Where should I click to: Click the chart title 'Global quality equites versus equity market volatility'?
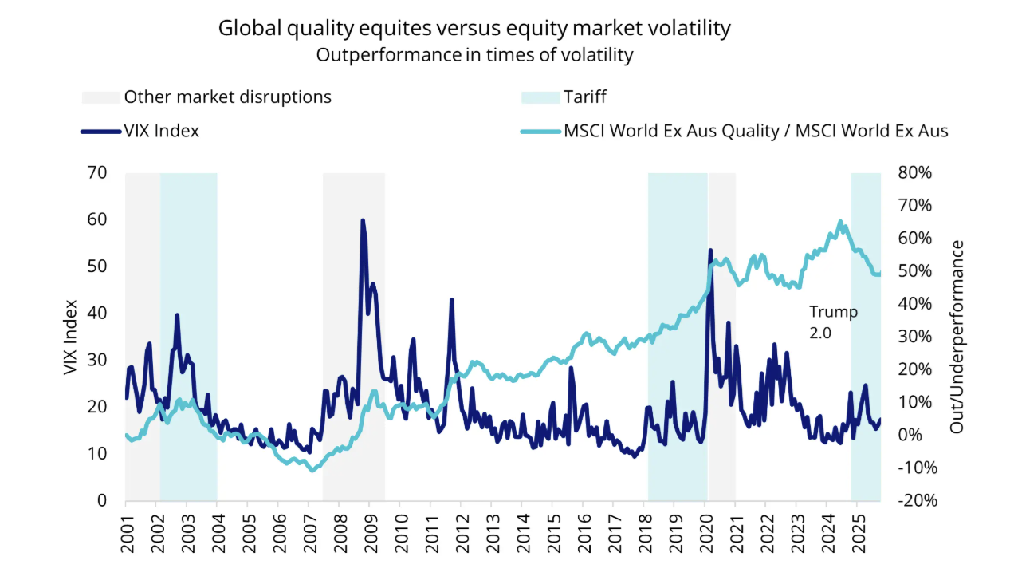pyautogui.click(x=474, y=29)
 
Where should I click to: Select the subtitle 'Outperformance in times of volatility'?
pyautogui.click(x=474, y=55)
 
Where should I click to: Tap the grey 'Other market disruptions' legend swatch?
pyautogui.click(x=101, y=97)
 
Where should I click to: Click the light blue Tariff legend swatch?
pyautogui.click(x=540, y=97)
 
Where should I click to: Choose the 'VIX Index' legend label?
pyautogui.click(x=162, y=131)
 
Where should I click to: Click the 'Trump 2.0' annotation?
pyautogui.click(x=833, y=322)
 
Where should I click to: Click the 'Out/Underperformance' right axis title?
pyautogui.click(x=957, y=337)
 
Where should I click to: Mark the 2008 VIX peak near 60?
pyautogui.click(x=363, y=220)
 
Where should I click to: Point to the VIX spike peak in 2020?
pyautogui.click(x=710, y=251)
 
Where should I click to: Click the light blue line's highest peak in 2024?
pyautogui.click(x=840, y=222)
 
